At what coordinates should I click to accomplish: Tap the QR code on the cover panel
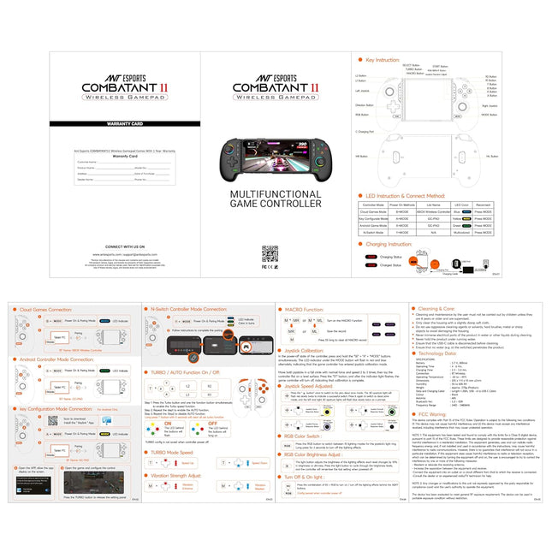(270, 253)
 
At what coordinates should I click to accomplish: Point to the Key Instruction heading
(383, 61)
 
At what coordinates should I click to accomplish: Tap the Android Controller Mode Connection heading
(57, 359)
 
